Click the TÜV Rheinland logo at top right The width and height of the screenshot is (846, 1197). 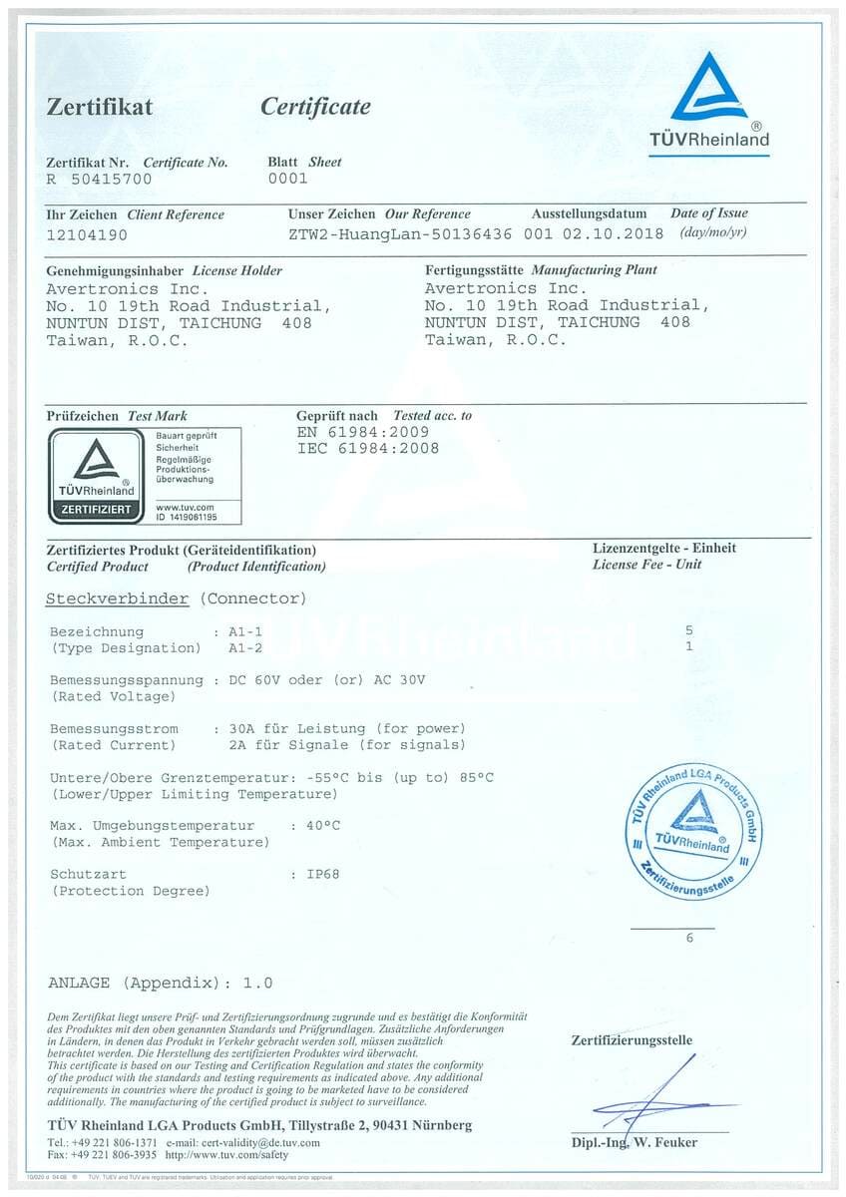pos(709,102)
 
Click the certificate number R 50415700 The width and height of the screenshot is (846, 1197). pos(99,180)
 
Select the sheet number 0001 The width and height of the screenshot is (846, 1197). pos(288,180)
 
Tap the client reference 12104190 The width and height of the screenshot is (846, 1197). pos(88,235)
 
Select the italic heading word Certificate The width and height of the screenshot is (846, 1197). pos(315,107)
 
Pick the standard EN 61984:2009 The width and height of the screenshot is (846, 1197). pos(363,432)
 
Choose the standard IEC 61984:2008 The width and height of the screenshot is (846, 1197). pos(367,448)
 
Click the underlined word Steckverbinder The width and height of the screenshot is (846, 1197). pos(117,598)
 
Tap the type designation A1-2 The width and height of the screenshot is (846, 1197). pos(245,647)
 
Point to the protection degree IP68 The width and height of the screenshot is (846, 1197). pos(322,874)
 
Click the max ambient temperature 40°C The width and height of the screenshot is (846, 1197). pos(322,826)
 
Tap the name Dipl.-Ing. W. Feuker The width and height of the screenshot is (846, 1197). pos(634,1142)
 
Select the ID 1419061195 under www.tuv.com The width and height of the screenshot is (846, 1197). pos(186,518)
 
